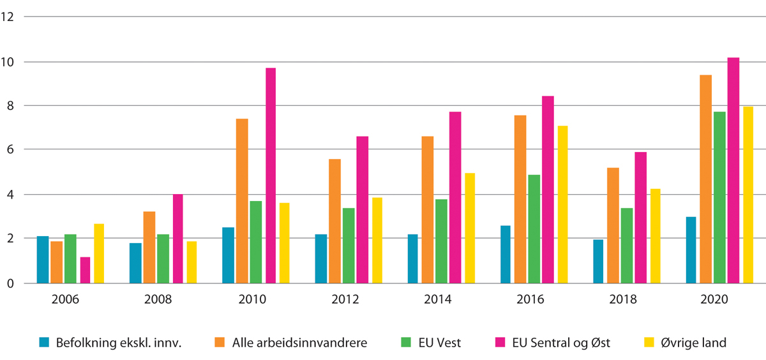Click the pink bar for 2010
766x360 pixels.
tap(271, 176)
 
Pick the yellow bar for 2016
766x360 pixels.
tap(562, 204)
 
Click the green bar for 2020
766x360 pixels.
tap(719, 197)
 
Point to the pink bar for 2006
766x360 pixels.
tap(85, 270)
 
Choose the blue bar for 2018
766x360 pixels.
tap(599, 261)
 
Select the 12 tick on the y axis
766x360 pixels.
tap(8, 17)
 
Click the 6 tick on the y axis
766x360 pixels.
tap(8, 150)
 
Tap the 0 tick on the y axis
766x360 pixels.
tap(8, 283)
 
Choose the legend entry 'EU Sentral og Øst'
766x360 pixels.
tap(561, 343)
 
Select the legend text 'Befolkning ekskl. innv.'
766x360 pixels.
tap(118, 343)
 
